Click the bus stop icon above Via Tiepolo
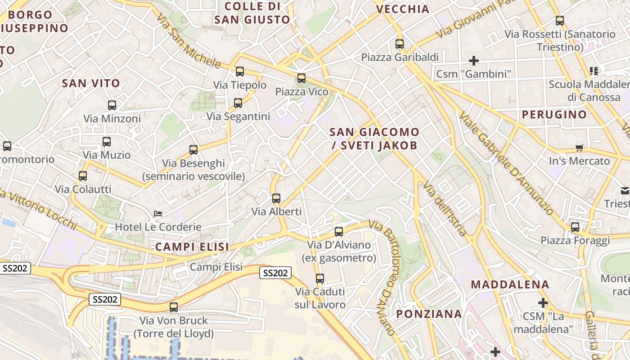(x=240, y=71)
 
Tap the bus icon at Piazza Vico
(x=301, y=78)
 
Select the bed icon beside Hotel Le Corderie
(x=157, y=213)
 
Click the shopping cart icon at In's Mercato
(x=580, y=148)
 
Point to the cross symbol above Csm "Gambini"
(x=473, y=60)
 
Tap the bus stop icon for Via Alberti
(x=276, y=198)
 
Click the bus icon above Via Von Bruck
(x=174, y=307)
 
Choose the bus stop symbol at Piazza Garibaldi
(x=400, y=44)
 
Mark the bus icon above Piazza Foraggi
(x=575, y=227)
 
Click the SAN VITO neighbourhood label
(x=91, y=83)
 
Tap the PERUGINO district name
(x=554, y=114)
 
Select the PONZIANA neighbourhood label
(x=429, y=314)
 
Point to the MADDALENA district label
(x=510, y=284)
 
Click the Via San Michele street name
(x=189, y=40)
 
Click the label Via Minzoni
(x=112, y=119)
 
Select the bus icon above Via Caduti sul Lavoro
(x=320, y=278)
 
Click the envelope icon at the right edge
(x=625, y=191)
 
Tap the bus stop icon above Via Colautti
(x=83, y=175)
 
